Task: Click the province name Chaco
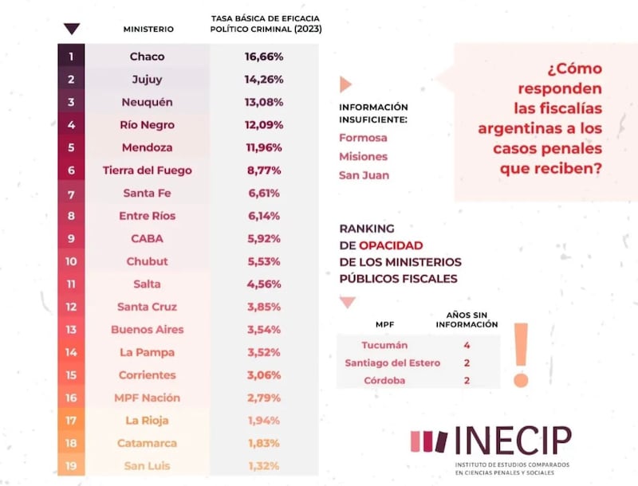[148, 57]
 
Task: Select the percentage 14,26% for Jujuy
[264, 79]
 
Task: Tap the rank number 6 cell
[71, 170]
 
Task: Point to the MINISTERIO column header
[148, 29]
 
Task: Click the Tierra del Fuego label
[148, 170]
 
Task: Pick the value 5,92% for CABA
[264, 238]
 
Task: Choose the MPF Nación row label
[148, 398]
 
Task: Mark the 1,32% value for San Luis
[264, 465]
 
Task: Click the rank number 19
[71, 465]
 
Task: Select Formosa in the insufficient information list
[363, 138]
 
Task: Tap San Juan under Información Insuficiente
[364, 175]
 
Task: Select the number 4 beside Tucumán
[466, 345]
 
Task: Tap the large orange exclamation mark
[522, 355]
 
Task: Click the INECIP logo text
[513, 441]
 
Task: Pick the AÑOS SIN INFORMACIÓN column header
[467, 319]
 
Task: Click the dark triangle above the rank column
[71, 29]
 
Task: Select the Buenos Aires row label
[148, 329]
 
